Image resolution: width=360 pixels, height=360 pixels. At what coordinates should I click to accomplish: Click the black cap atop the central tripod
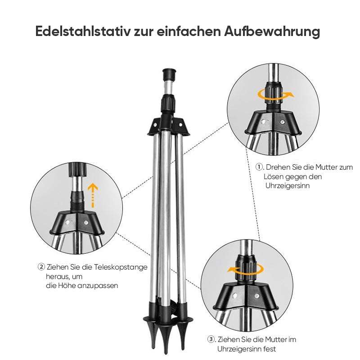pos(169,73)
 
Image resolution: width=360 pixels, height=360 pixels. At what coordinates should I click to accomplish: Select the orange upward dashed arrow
pos(92,194)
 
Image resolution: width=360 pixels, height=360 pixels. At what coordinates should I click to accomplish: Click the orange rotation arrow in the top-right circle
pos(275,94)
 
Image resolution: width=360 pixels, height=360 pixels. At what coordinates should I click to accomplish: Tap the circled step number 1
pos(259,167)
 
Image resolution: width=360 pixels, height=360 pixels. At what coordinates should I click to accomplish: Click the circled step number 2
pos(41,267)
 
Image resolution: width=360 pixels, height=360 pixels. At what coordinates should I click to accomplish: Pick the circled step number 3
pos(211,340)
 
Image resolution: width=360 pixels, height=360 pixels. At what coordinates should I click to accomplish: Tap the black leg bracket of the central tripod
pos(169,124)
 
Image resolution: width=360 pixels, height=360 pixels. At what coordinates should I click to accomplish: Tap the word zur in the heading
pos(144,32)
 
